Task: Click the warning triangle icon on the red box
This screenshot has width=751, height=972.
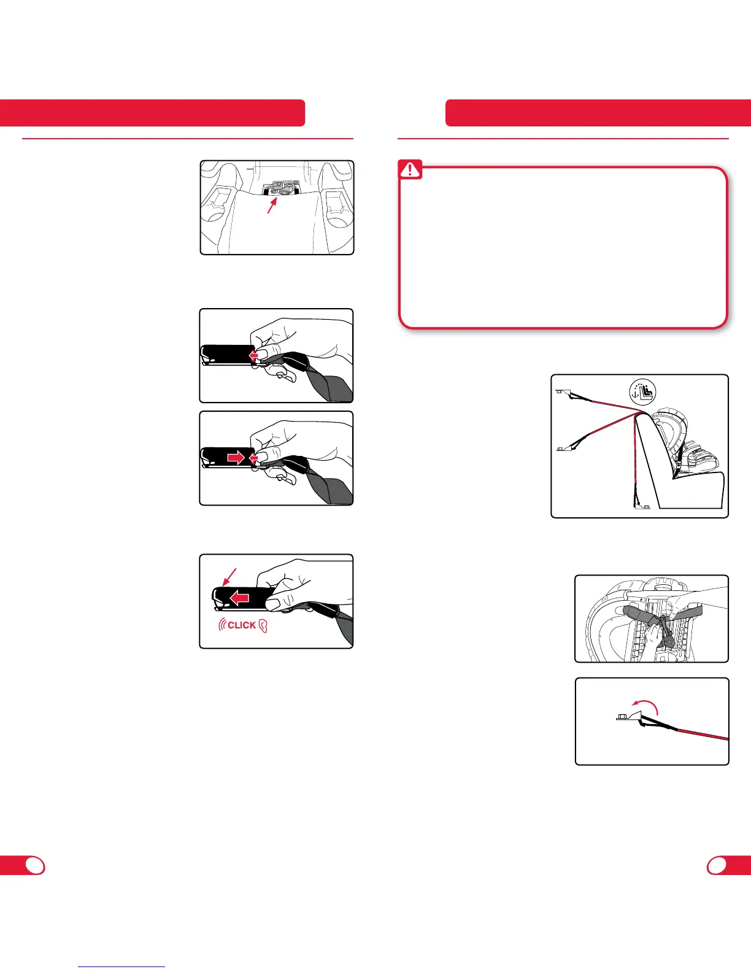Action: pos(410,169)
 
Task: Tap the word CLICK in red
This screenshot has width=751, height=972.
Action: pos(242,625)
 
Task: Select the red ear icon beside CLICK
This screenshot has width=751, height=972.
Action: pos(263,626)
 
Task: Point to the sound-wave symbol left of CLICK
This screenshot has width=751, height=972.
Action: pos(222,625)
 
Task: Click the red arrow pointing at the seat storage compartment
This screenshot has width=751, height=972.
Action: pos(272,205)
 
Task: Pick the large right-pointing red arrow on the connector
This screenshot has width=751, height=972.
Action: pos(235,458)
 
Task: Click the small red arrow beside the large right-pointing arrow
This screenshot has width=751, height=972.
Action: pos(253,458)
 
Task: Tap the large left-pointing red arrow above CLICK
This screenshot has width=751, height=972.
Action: pos(239,598)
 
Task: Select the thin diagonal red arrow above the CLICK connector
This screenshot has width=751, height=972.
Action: pos(229,577)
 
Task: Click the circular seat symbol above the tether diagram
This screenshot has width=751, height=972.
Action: pos(642,392)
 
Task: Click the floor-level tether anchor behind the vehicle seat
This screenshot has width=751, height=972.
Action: pos(642,506)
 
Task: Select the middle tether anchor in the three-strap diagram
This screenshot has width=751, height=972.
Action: pos(564,448)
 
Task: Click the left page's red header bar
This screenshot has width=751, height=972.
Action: pos(153,113)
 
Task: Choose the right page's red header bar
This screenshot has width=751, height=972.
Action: pos(598,113)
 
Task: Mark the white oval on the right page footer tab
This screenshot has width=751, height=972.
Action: pos(717,866)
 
